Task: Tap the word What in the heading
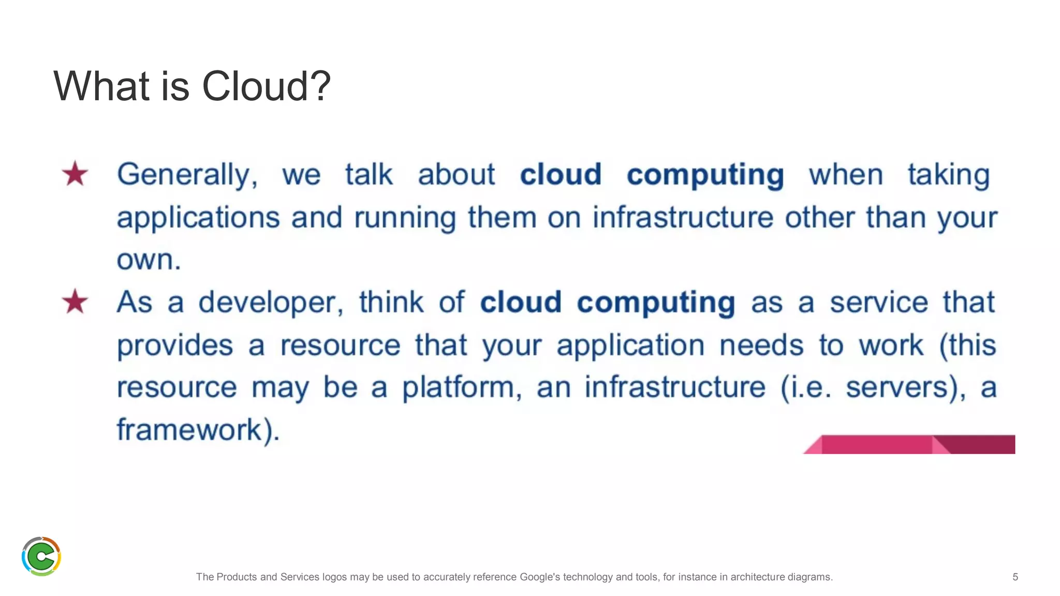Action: tap(101, 86)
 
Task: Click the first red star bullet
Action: tap(75, 174)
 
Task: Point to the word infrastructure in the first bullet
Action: tap(683, 217)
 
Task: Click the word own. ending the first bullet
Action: tap(149, 260)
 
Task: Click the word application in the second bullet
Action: tap(630, 346)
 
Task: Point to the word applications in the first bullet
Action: tap(198, 218)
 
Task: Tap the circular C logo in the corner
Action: tap(41, 556)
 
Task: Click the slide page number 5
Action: tap(1015, 577)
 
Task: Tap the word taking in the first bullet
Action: tap(948, 175)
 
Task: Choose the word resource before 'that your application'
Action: tap(340, 346)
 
